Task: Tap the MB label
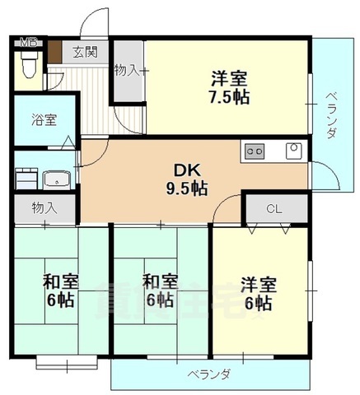pos(28,43)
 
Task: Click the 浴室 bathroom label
pos(44,119)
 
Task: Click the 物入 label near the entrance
pos(126,72)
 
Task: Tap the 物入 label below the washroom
pos(44,208)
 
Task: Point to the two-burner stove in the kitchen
pos(254,151)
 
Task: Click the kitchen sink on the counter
pos(292,150)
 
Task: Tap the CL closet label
pos(274,208)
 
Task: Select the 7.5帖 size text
pos(228,97)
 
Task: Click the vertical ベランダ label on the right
pos(332,115)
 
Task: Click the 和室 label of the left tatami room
pos(62,281)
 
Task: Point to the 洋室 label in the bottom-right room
pos(258,285)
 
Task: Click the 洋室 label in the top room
pos(228,79)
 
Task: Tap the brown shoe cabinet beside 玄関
pos(55,50)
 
